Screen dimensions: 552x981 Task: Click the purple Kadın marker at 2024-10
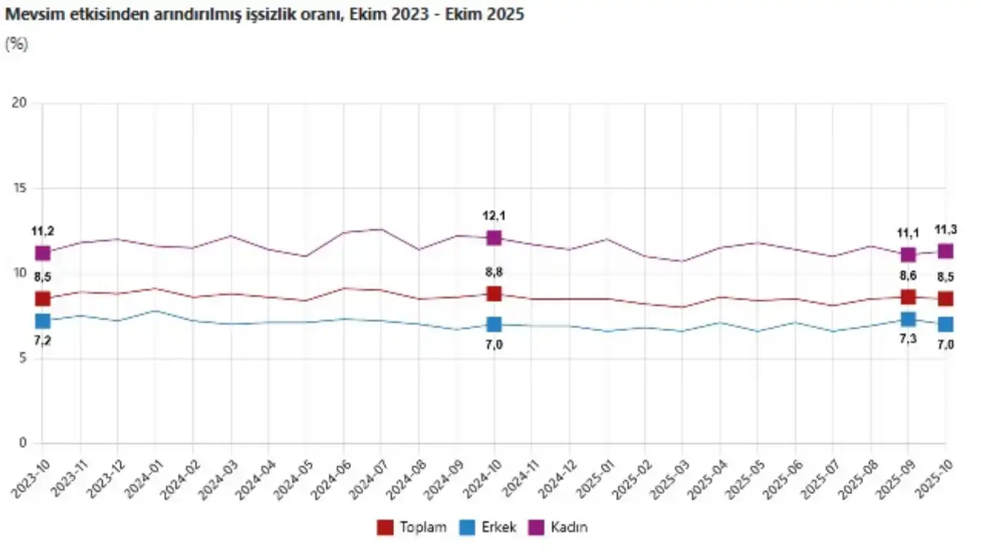point(494,238)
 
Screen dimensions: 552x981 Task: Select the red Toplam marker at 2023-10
point(42,299)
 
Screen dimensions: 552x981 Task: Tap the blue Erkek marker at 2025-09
point(908,319)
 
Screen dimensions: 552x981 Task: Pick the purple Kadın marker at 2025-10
point(946,251)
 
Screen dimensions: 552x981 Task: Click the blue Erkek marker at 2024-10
point(494,324)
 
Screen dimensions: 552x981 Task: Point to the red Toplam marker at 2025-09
point(908,297)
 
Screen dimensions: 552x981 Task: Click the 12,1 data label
point(494,215)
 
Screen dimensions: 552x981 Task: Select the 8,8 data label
point(494,272)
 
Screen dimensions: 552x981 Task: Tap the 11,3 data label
point(946,228)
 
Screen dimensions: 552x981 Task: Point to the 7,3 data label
point(908,340)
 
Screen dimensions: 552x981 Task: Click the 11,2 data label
point(42,231)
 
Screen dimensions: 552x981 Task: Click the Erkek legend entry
point(487,527)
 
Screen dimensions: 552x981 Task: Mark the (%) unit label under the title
point(17,44)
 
